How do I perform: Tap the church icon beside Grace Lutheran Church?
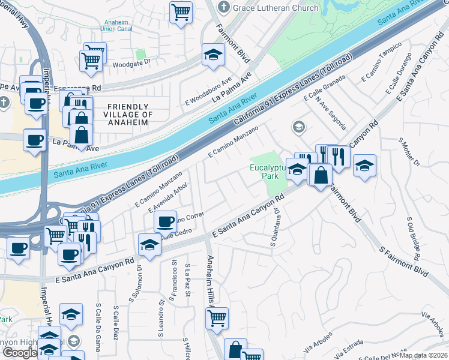click(224, 8)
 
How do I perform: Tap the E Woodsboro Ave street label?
click(209, 90)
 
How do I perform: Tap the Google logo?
click(20, 353)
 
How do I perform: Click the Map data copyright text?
click(424, 355)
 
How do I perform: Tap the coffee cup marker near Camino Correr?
click(165, 221)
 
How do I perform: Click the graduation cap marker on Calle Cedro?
click(149, 244)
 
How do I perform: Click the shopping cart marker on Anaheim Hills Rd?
click(217, 317)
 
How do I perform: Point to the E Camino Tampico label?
click(381, 62)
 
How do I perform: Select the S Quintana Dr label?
click(275, 227)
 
